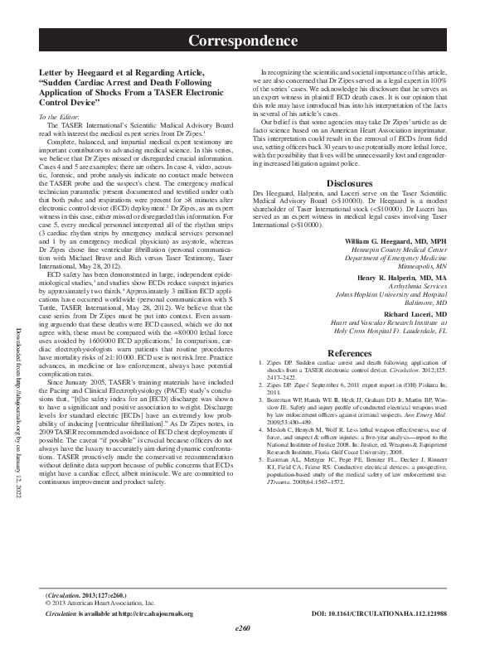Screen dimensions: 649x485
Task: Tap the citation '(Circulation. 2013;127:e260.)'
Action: click(85, 595)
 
